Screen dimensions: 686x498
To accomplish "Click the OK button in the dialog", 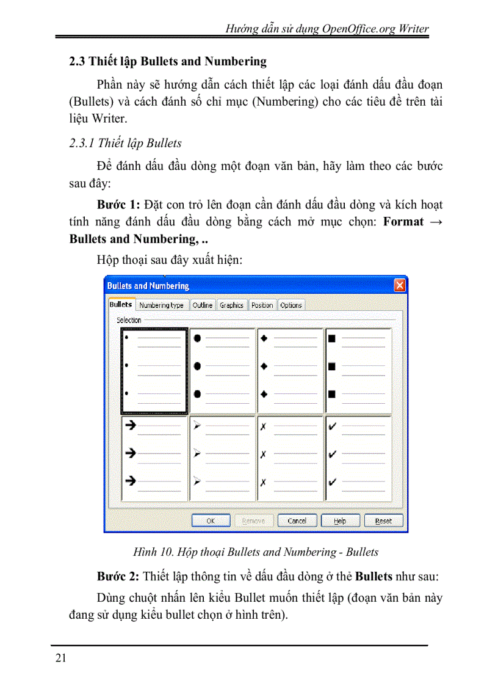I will tap(211, 521).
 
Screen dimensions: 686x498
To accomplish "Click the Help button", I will tap(340, 521).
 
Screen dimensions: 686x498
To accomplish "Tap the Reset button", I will tap(383, 521).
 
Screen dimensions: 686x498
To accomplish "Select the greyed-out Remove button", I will tap(253, 521).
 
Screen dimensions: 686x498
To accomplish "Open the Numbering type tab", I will tap(161, 305).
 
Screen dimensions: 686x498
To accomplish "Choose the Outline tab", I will tap(203, 305).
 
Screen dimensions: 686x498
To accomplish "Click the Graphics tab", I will tap(231, 305).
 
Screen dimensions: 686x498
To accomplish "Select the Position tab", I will tap(262, 305).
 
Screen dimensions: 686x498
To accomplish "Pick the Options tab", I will tap(291, 305).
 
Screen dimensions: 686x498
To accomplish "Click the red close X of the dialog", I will tap(400, 285).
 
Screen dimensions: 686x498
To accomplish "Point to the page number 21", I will tap(60, 658).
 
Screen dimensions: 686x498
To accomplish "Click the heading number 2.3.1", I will tap(82, 144).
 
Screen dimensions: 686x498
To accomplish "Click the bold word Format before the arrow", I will tap(403, 222).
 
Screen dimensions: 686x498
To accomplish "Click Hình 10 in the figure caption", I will tap(153, 552).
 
